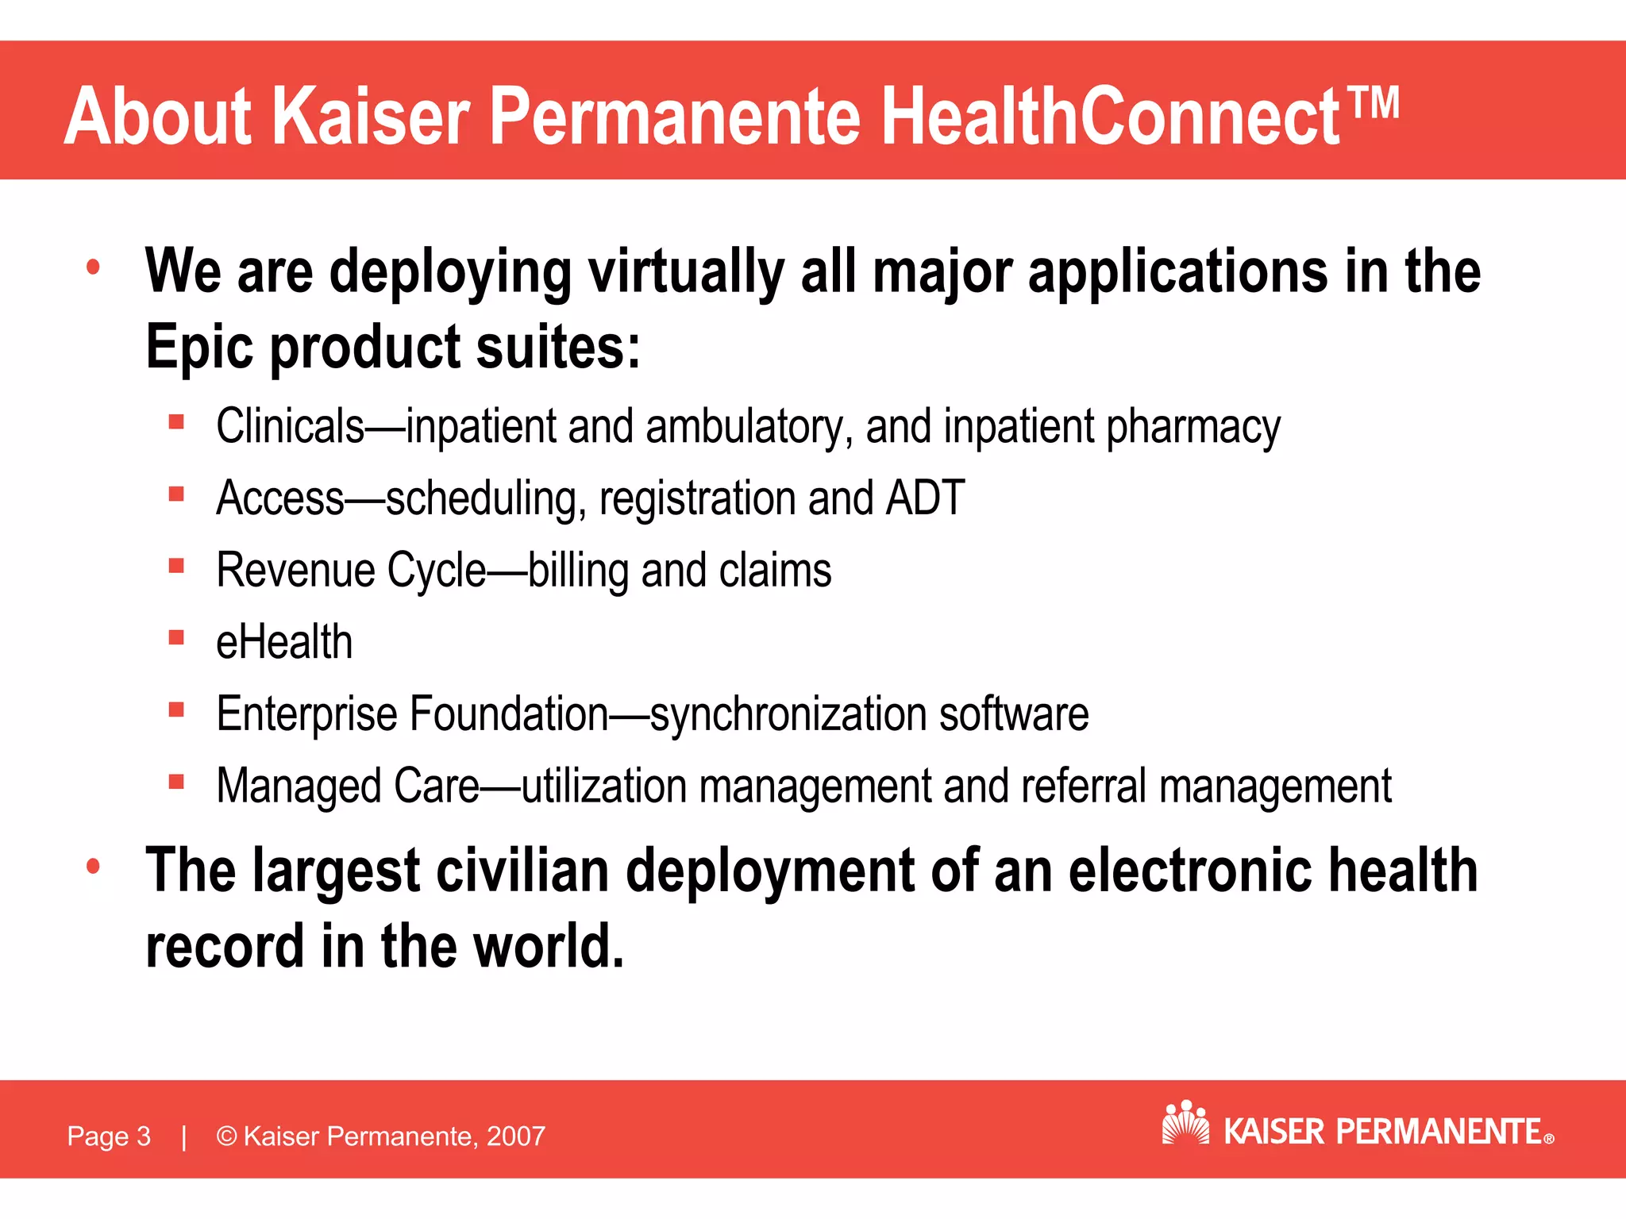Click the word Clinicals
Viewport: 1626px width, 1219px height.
(x=290, y=426)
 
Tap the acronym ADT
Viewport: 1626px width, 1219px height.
(x=925, y=498)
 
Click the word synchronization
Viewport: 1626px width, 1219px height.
(x=789, y=714)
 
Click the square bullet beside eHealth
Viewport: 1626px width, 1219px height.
(x=176, y=638)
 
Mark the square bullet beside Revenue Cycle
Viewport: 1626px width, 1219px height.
(x=176, y=566)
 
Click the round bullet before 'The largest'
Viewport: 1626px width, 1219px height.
(x=94, y=866)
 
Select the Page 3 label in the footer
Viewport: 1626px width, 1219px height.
(x=109, y=1136)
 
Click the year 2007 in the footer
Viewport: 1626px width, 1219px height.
(x=516, y=1136)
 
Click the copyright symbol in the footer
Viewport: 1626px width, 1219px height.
(x=226, y=1136)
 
